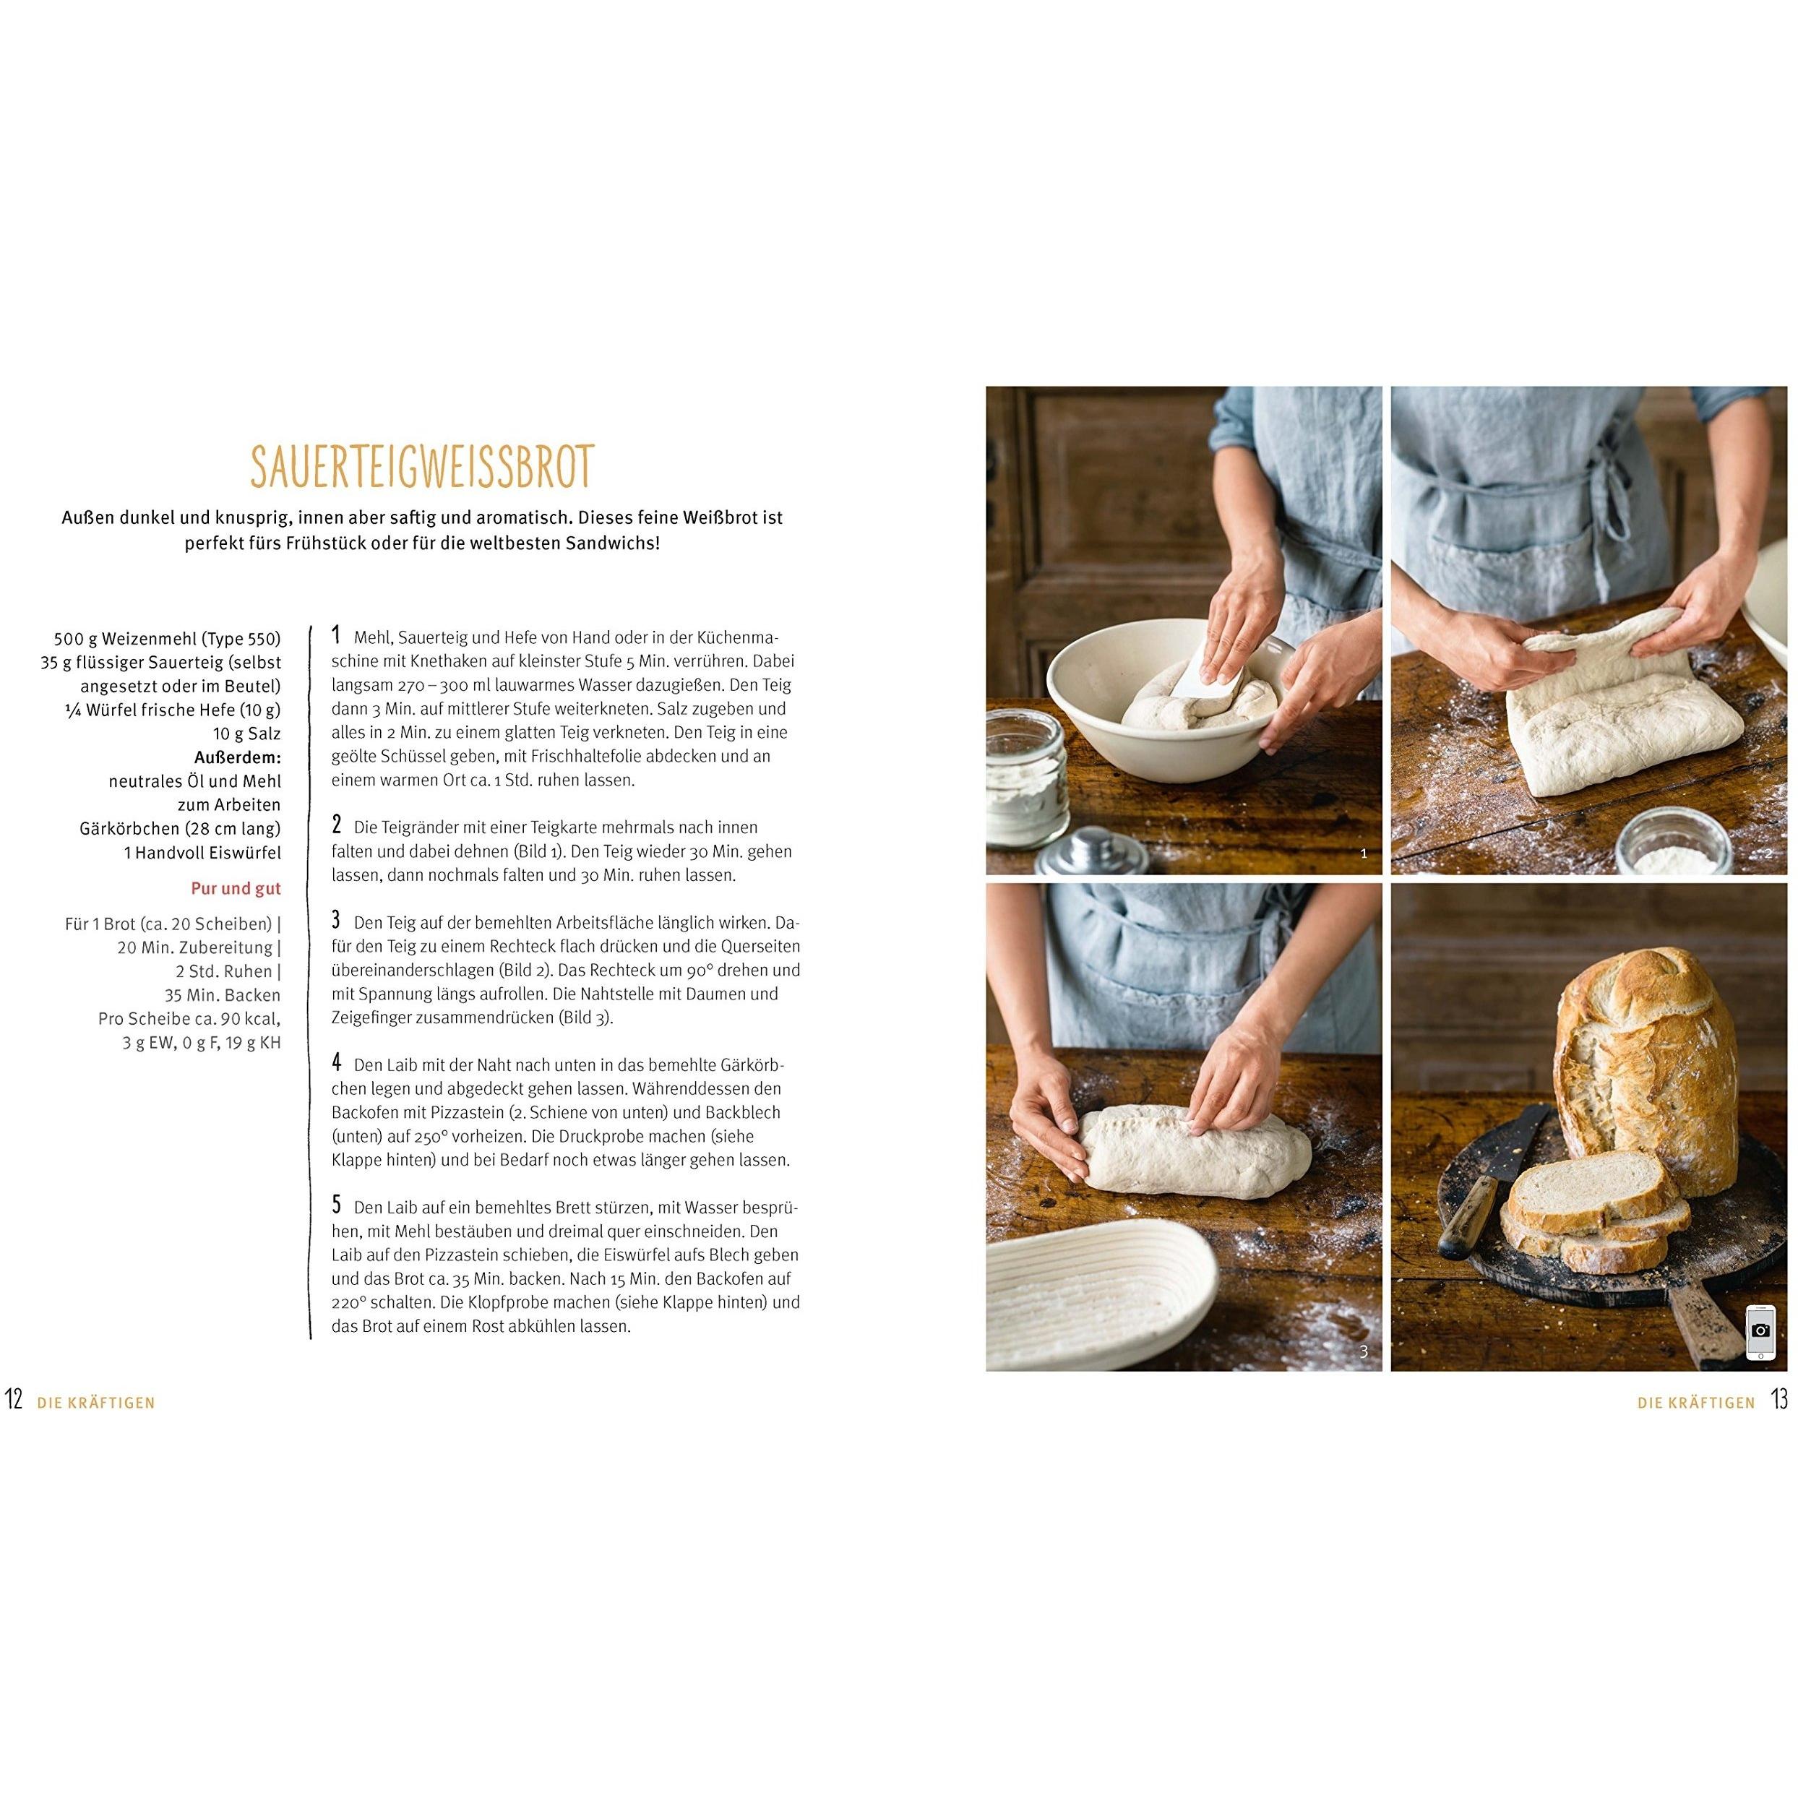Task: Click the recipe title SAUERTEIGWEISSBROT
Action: [x=421, y=467]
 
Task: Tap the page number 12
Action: [x=14, y=1400]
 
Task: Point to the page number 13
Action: [x=1779, y=1400]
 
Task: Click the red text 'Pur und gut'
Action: [x=236, y=889]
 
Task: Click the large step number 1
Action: [x=336, y=636]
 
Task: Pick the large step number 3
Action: [x=336, y=921]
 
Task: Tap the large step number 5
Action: [x=336, y=1205]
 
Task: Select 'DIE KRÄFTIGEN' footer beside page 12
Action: [x=96, y=1403]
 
